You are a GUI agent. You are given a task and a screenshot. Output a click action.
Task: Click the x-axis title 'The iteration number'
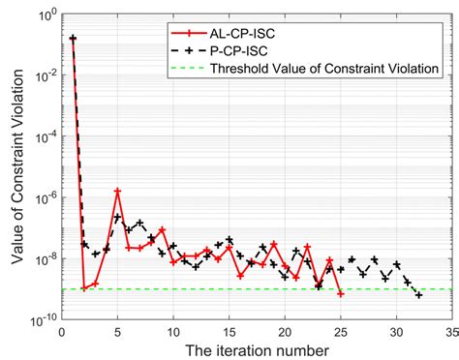(x=254, y=345)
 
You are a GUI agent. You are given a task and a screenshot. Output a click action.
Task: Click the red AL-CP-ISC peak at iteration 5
(x=118, y=191)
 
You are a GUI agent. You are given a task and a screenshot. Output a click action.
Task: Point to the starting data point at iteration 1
(x=74, y=39)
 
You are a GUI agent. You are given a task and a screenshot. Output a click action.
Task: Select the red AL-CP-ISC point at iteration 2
(x=84, y=288)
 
